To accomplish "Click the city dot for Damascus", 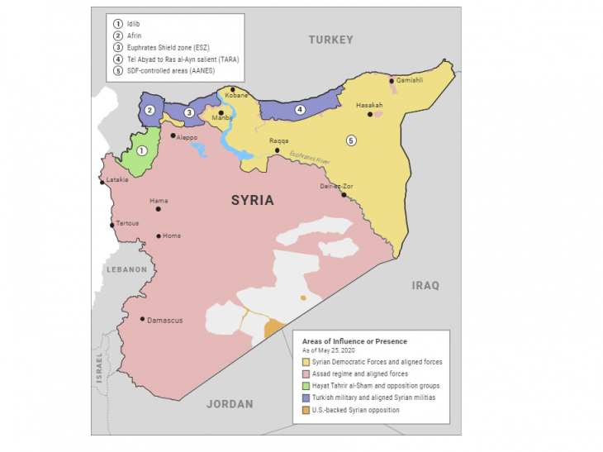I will pos(142,320).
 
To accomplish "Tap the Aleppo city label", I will pos(188,137).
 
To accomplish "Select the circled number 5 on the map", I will pos(351,140).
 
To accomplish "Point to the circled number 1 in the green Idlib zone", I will pos(142,151).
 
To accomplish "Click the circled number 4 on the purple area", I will pos(301,110).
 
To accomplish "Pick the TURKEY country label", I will pos(330,40).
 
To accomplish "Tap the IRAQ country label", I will pos(425,285).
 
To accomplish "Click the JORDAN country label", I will pos(230,404).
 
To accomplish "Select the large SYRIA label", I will pos(252,200).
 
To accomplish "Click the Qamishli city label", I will pos(410,80).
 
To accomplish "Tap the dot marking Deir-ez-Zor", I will pos(344,195).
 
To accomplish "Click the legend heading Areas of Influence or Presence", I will pos(354,341).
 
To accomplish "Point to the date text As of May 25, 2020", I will pos(332,351).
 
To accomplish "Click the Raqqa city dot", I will pos(277,150).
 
